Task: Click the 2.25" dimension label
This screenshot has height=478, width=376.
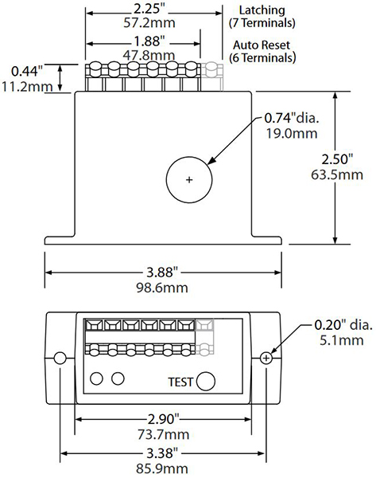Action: [149, 10]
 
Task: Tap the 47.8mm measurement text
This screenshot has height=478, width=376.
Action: [149, 55]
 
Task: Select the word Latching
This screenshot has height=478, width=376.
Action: [262, 10]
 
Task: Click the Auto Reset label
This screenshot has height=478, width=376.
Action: [262, 45]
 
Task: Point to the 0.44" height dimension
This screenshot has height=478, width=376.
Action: [27, 71]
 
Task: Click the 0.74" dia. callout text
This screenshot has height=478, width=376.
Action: [292, 118]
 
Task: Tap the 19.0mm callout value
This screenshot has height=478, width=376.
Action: [292, 134]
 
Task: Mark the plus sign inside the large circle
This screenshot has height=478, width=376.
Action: [189, 180]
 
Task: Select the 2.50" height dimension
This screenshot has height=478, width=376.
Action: [337, 159]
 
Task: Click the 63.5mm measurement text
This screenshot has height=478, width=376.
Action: [337, 175]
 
